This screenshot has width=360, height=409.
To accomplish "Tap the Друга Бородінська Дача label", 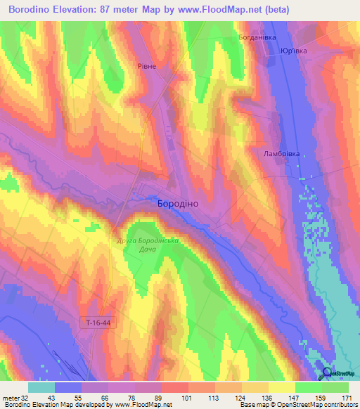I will [x=148, y=246].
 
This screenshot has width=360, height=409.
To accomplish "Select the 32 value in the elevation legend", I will [x=25, y=397].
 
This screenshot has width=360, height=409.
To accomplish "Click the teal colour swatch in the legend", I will [x=41, y=387].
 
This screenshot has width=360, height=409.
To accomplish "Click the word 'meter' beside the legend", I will [x=11, y=397].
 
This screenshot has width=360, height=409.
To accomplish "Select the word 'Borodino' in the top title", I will [x=32, y=11].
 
